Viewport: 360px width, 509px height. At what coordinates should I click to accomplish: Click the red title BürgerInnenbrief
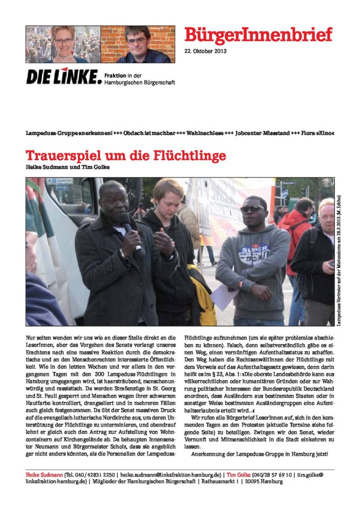coord(258,35)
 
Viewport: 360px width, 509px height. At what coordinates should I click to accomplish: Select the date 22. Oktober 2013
coord(205,52)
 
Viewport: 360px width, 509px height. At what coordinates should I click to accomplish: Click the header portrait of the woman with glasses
coord(64,44)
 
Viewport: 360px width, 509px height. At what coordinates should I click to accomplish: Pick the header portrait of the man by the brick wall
coord(137,44)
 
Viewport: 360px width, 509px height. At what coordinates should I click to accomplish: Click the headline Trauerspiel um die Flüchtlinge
coord(126,156)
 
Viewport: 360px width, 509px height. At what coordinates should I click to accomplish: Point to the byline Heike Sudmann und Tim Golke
coord(68,167)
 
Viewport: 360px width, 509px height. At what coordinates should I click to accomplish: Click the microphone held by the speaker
coord(128,227)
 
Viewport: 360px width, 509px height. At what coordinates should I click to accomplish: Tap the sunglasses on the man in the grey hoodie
coord(253,209)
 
